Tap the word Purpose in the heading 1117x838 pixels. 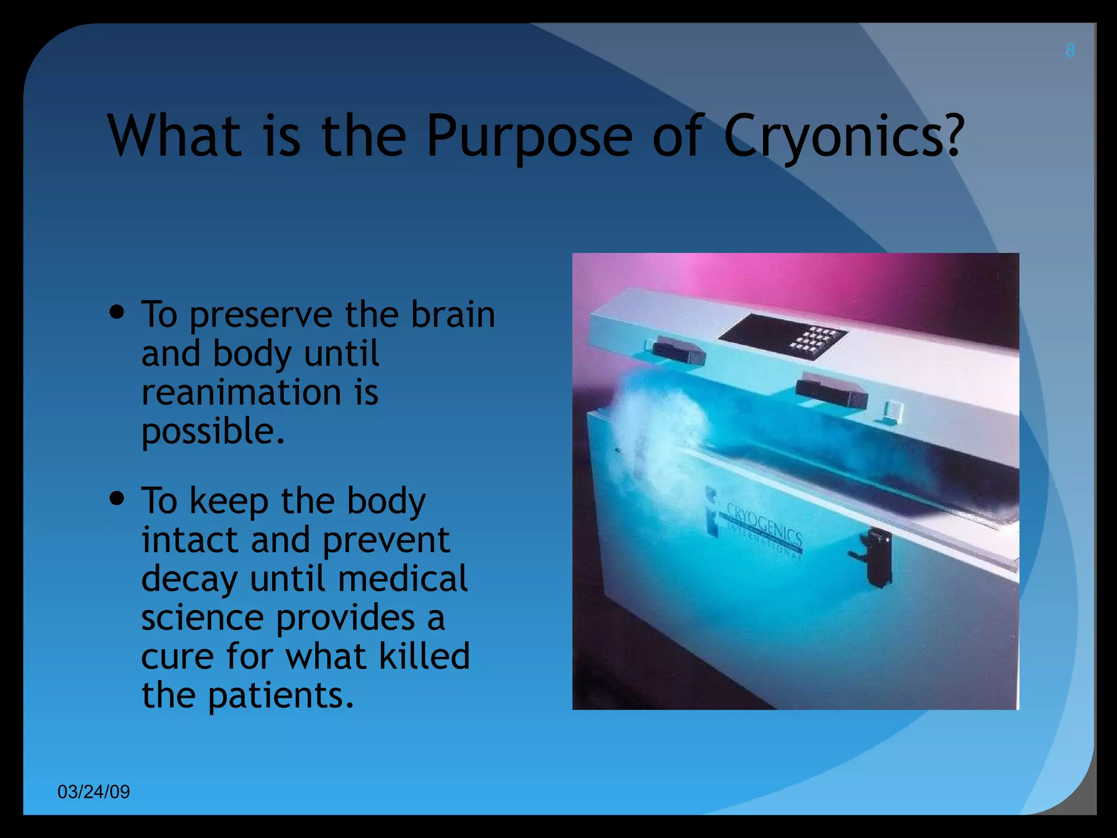click(x=529, y=136)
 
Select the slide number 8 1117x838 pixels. click(x=1070, y=51)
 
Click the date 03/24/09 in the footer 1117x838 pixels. click(x=94, y=792)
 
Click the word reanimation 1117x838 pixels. click(x=241, y=392)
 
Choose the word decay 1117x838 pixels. click(x=189, y=579)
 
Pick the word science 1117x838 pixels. click(x=202, y=618)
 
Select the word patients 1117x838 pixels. click(x=280, y=696)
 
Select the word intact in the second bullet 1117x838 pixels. click(x=190, y=540)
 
